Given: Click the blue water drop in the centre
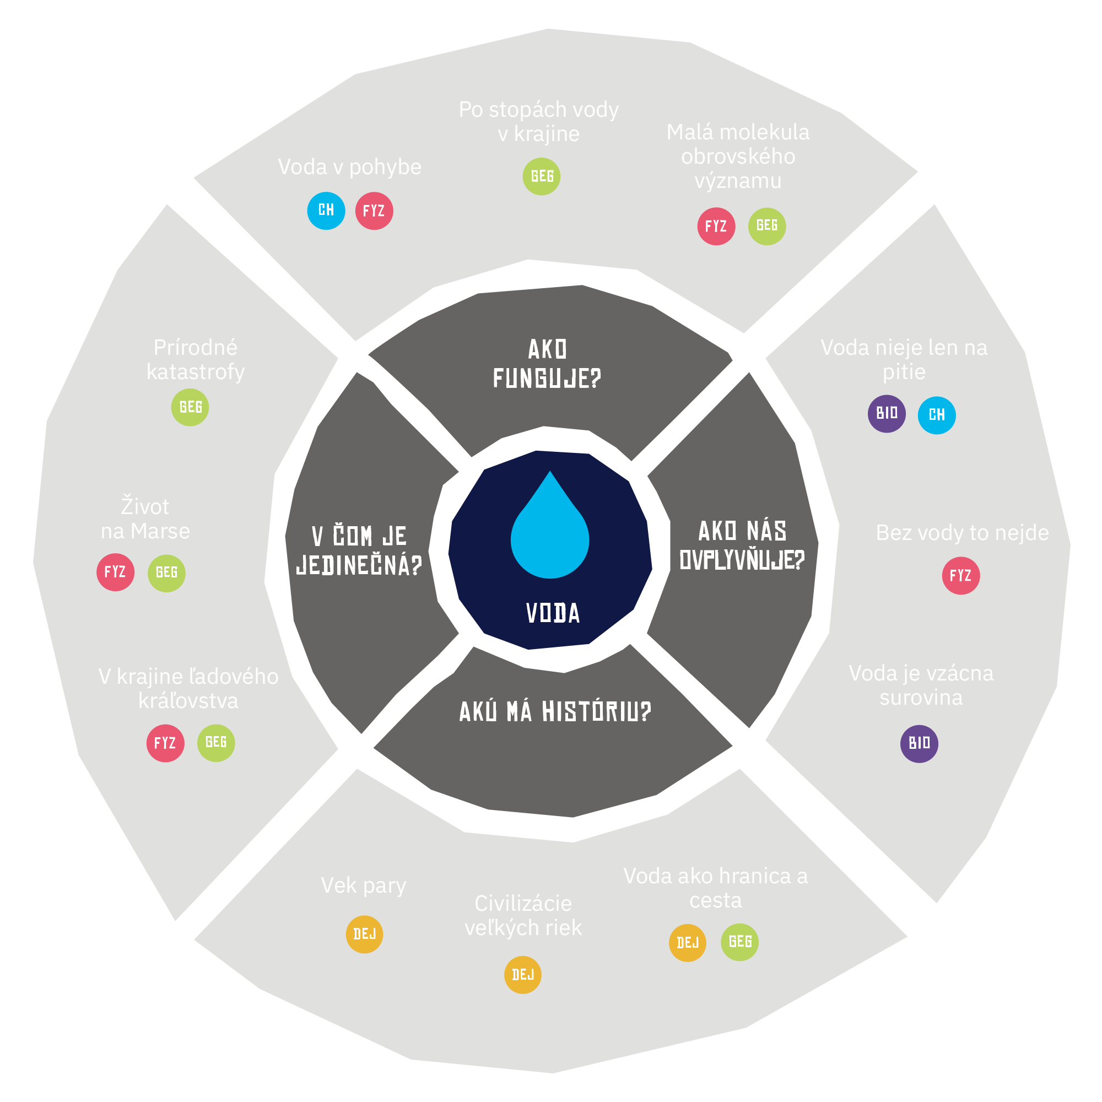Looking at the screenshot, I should (x=549, y=533).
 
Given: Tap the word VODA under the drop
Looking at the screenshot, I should (x=553, y=613).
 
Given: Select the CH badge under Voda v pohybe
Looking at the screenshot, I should (x=326, y=210).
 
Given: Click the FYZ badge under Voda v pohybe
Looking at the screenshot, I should (x=374, y=211).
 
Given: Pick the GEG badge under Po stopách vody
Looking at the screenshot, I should (x=541, y=176).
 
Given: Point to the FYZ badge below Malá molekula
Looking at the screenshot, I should (x=716, y=226).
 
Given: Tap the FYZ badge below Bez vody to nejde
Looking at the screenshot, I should (x=960, y=576).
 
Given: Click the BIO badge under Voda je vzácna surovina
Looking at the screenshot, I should (x=919, y=743).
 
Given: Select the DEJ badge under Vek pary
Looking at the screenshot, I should (x=364, y=934).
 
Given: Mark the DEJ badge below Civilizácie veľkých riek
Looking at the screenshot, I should (x=522, y=975).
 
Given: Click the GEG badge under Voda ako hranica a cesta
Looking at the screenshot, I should (x=739, y=942).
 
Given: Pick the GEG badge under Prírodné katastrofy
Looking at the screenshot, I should (x=190, y=407).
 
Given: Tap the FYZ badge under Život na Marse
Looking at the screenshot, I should (x=115, y=572).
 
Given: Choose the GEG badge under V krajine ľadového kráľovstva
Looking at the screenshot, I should (x=215, y=743).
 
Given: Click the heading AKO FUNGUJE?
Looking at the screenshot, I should (x=547, y=364).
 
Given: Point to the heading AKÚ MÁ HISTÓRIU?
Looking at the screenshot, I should (x=555, y=712).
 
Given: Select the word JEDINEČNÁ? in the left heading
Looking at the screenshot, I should (x=359, y=565).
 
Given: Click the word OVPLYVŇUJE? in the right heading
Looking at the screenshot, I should (x=742, y=560).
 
